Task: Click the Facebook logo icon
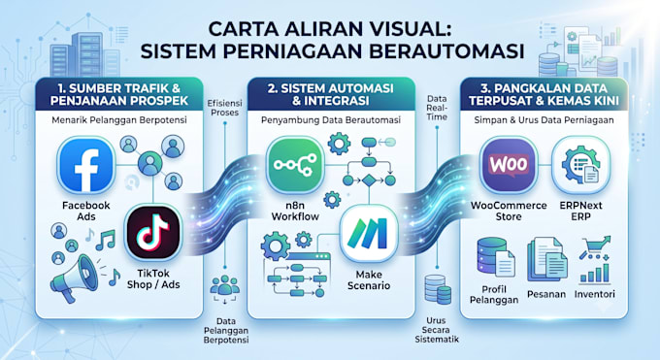coord(86,165)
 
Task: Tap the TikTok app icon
coord(153,233)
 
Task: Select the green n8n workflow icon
coord(295,165)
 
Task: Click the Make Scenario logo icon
coord(369,234)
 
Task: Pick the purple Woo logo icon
coord(509,165)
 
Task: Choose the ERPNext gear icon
coord(580,165)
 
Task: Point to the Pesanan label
coord(546,294)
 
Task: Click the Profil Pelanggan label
coord(494,294)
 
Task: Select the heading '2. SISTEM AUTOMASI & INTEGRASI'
coord(331,94)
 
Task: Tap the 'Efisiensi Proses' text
coord(225,108)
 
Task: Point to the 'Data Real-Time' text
coord(437,108)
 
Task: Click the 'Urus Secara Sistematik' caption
coord(437,330)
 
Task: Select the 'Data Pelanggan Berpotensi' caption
coord(226,331)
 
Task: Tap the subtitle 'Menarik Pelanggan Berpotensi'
coord(119,120)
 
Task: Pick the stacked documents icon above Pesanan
coord(545,258)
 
